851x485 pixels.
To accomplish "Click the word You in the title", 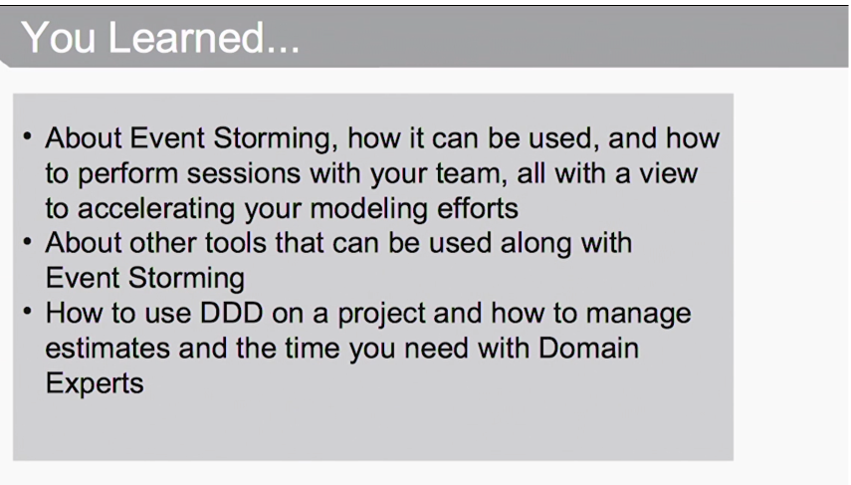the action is click(59, 38).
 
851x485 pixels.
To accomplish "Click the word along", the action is click(535, 244).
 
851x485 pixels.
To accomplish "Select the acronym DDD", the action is click(232, 314).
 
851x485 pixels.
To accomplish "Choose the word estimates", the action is click(107, 349).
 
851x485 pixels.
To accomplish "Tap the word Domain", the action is click(589, 349).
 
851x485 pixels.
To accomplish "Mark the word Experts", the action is click(95, 384).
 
